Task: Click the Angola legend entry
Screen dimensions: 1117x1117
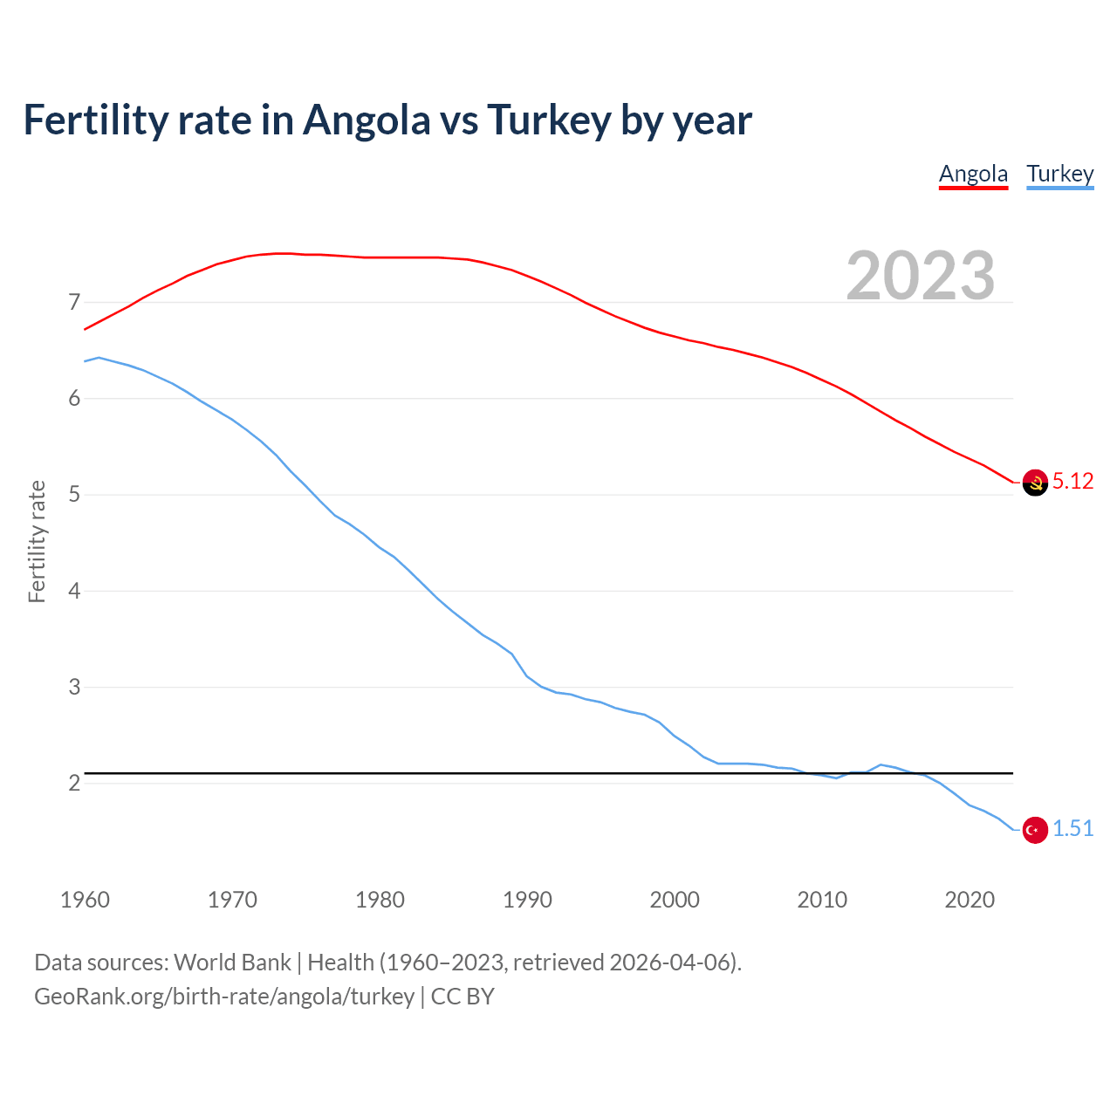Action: pos(973,174)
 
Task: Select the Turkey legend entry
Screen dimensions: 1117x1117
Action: pos(1059,174)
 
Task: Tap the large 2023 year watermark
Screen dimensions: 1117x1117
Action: pos(921,276)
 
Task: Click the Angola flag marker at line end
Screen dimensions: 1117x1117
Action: pos(1035,483)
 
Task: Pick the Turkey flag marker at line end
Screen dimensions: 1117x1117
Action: pos(1035,830)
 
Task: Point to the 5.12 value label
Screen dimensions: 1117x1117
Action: pos(1072,481)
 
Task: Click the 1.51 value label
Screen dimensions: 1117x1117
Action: pos(1072,828)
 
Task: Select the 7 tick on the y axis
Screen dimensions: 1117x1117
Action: pos(74,303)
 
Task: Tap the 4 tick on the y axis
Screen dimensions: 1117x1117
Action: pos(74,591)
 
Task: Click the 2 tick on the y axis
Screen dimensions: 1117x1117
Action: pos(74,783)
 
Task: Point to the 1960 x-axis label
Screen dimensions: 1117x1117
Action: pos(85,900)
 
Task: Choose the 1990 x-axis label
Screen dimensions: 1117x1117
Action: pos(527,900)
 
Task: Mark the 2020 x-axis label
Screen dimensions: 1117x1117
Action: pos(970,900)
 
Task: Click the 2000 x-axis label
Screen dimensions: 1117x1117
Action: pos(675,900)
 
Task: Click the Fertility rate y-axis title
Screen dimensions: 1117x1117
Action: pos(37,541)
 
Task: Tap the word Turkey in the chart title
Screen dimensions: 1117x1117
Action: pos(548,120)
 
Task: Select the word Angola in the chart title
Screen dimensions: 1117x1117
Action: pos(367,120)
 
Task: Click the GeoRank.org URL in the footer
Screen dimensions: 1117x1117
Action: pos(224,996)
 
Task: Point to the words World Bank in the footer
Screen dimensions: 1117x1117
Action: pos(232,962)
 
